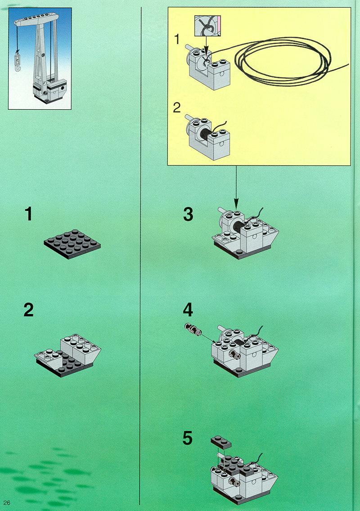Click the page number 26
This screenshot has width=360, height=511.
(x=6, y=503)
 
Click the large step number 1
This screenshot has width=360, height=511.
(x=29, y=215)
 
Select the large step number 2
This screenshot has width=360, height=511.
(x=28, y=310)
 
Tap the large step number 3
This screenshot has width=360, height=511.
(x=188, y=214)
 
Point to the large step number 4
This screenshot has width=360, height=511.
(x=188, y=310)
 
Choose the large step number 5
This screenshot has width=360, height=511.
(x=188, y=438)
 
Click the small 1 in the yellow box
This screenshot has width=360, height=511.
(x=177, y=40)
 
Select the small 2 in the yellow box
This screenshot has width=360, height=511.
(x=177, y=108)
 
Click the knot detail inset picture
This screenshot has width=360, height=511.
(x=208, y=26)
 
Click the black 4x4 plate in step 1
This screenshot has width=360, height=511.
(x=72, y=243)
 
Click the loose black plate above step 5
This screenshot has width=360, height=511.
(x=221, y=442)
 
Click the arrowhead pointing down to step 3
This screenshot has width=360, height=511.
(x=236, y=204)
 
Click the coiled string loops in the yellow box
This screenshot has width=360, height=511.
(x=283, y=62)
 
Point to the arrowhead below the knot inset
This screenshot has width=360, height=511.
(x=206, y=51)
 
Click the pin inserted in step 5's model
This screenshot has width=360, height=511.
(x=235, y=481)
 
